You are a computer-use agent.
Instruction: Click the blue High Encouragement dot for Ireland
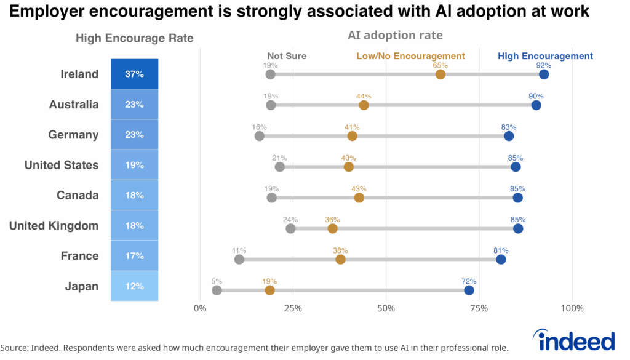coord(544,74)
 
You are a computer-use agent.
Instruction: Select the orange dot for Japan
coord(269,290)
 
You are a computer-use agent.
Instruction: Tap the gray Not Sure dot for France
coord(239,259)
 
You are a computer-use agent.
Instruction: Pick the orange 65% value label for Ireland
coord(440,65)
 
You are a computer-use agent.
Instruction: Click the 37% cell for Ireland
coord(134,74)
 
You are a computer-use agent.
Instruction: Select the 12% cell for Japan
coord(134,286)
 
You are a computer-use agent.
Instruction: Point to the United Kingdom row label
coord(54,226)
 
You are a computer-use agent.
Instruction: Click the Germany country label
coord(73,135)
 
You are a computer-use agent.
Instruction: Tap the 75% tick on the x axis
coord(479,308)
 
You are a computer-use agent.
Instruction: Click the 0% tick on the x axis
coord(200,308)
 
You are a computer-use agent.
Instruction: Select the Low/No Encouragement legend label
coord(410,56)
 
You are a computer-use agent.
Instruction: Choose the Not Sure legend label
coord(287,56)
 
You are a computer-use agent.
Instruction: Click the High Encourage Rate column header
coord(134,38)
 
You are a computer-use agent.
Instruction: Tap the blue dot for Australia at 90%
coord(536,105)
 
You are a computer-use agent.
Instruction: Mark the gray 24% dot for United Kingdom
coord(290,229)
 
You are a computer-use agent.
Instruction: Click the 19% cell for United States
coord(134,165)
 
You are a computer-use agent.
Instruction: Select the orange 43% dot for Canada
coord(359,198)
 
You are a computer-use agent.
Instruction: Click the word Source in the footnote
coord(15,348)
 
